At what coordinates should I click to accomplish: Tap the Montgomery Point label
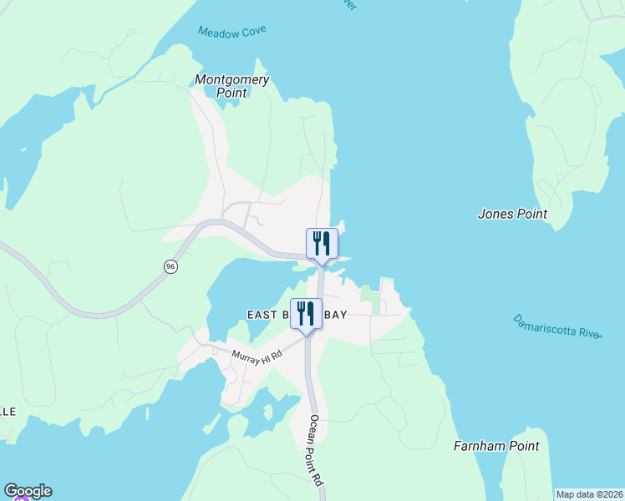click(231, 86)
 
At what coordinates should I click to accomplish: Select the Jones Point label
click(512, 214)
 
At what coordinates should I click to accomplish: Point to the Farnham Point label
click(496, 446)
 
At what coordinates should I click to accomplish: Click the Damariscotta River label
click(557, 326)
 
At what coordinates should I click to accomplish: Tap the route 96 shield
click(170, 266)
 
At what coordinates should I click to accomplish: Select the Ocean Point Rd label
click(316, 451)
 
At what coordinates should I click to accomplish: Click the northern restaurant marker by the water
click(322, 244)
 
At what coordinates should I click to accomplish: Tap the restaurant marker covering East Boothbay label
click(305, 314)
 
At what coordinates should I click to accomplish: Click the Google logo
click(28, 491)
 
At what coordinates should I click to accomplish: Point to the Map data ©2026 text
click(589, 494)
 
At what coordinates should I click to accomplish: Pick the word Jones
click(495, 214)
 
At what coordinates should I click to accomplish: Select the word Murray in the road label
click(246, 354)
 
